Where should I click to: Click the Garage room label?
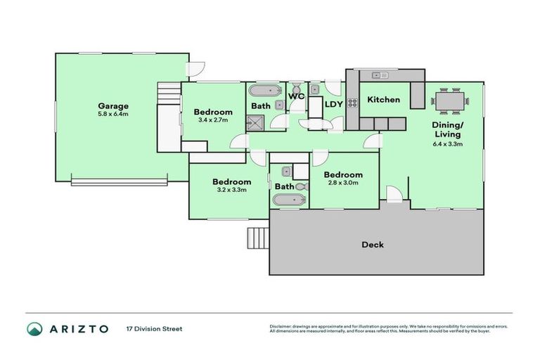coord(113,106)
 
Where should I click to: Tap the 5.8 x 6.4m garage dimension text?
coord(113,114)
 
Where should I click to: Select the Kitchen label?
coord(384,100)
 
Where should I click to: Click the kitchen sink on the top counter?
coord(380,75)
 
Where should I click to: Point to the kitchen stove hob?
coord(352,103)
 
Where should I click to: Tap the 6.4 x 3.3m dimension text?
coord(447,143)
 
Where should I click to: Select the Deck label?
coord(372,245)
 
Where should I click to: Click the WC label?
coord(297,96)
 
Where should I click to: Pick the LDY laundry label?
coord(334,104)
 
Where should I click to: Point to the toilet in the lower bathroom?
coord(301,186)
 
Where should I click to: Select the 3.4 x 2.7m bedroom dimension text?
coord(213,120)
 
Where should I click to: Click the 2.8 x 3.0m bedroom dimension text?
coord(343,183)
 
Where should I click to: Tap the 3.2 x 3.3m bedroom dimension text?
coord(231,190)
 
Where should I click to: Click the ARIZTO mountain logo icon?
coord(35,328)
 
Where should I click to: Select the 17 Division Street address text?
coord(153,328)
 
